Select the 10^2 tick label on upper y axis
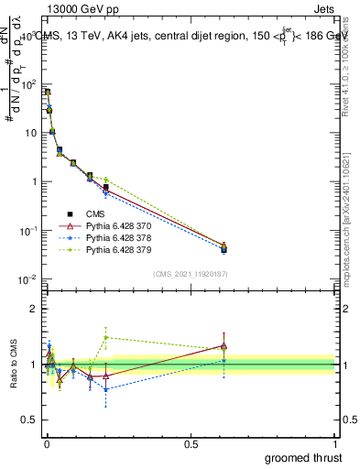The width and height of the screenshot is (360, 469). (x=27, y=84)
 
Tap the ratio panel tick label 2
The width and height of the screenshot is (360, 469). (x=33, y=309)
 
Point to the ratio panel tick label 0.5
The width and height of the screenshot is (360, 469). (x=28, y=421)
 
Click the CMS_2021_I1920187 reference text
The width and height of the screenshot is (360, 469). (x=191, y=274)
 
